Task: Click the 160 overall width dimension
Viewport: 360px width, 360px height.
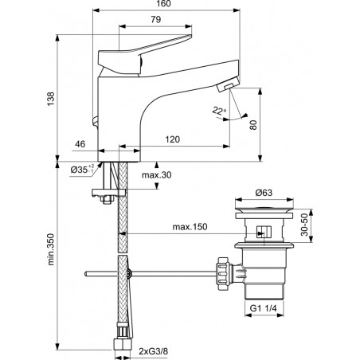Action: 164,4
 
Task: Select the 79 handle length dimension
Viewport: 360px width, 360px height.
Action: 156,19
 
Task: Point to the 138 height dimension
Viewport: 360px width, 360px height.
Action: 51,99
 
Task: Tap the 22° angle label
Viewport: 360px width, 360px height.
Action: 219,110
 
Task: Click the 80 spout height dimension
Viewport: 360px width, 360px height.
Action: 253,125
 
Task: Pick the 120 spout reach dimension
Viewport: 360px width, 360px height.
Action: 173,139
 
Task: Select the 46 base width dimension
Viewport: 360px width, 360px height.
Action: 80,144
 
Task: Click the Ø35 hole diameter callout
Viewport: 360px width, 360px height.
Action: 82,169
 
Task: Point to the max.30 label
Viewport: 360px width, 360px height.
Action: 157,175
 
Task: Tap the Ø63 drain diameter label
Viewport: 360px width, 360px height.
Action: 264,193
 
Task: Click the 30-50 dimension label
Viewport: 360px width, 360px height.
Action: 304,225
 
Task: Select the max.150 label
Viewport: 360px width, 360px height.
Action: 190,227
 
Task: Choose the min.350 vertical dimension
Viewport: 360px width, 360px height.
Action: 51,249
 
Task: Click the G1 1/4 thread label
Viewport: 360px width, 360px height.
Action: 264,308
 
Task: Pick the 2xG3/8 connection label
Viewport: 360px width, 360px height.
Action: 154,351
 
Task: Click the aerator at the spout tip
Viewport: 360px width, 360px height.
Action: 228,84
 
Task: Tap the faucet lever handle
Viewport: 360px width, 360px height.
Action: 145,54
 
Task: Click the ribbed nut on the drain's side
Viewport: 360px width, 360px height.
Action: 222,273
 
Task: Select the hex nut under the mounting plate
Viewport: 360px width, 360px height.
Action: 107,199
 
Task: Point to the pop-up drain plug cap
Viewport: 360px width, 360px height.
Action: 264,208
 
